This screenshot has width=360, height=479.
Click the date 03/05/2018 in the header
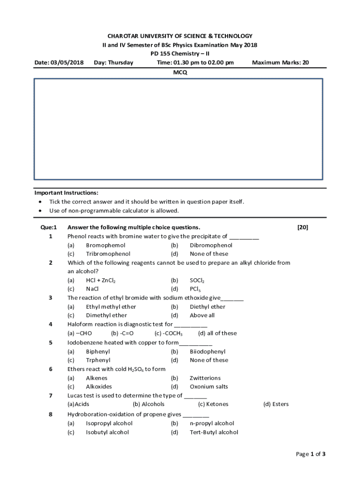click(68, 63)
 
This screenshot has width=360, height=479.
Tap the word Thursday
click(121, 63)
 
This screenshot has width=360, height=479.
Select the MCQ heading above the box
click(180, 73)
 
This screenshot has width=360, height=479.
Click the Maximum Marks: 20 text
click(280, 63)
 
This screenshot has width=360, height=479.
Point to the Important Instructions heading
click(66, 193)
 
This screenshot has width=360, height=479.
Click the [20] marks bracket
click(302, 227)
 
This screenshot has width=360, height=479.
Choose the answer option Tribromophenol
click(108, 254)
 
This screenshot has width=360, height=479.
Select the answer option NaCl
click(92, 289)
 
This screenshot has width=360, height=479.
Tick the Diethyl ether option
click(207, 307)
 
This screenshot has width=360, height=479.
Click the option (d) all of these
click(217, 334)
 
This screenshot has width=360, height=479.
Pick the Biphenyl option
click(98, 351)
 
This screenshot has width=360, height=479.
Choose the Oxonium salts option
click(209, 387)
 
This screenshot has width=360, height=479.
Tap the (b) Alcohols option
click(149, 404)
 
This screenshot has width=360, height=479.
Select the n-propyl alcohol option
click(212, 423)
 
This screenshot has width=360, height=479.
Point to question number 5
click(50, 342)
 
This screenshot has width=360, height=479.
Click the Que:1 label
click(49, 227)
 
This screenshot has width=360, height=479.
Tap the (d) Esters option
click(276, 404)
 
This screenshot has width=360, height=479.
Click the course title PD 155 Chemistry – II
click(180, 54)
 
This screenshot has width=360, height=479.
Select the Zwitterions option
click(205, 378)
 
